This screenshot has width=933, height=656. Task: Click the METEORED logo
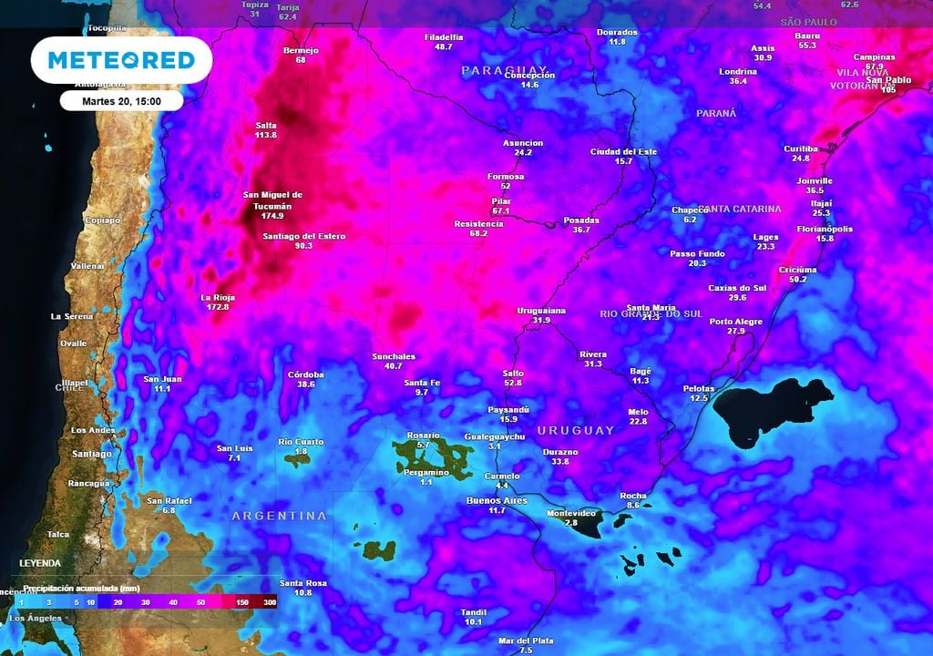(x=121, y=60)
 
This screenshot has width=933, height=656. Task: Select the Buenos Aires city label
(x=497, y=500)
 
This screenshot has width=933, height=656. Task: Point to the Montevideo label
(x=571, y=513)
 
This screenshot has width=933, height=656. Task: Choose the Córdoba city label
(x=305, y=374)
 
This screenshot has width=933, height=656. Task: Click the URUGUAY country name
(x=576, y=430)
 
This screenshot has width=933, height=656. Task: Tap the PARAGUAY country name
(x=504, y=70)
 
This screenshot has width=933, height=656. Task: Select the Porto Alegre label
(x=736, y=321)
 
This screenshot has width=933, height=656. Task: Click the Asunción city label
(x=523, y=143)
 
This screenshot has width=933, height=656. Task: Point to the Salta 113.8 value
(x=266, y=135)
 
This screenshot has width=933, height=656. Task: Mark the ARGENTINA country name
(x=279, y=516)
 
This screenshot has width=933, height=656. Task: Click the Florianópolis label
(x=825, y=229)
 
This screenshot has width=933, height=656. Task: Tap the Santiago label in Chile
(x=91, y=454)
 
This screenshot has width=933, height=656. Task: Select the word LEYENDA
(x=39, y=563)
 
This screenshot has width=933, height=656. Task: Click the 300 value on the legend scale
(x=270, y=602)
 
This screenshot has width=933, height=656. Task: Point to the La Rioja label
(x=218, y=297)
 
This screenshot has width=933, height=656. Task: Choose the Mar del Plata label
(x=525, y=641)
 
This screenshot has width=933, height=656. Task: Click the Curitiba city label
(x=801, y=149)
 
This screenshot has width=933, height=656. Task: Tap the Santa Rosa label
(x=302, y=583)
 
